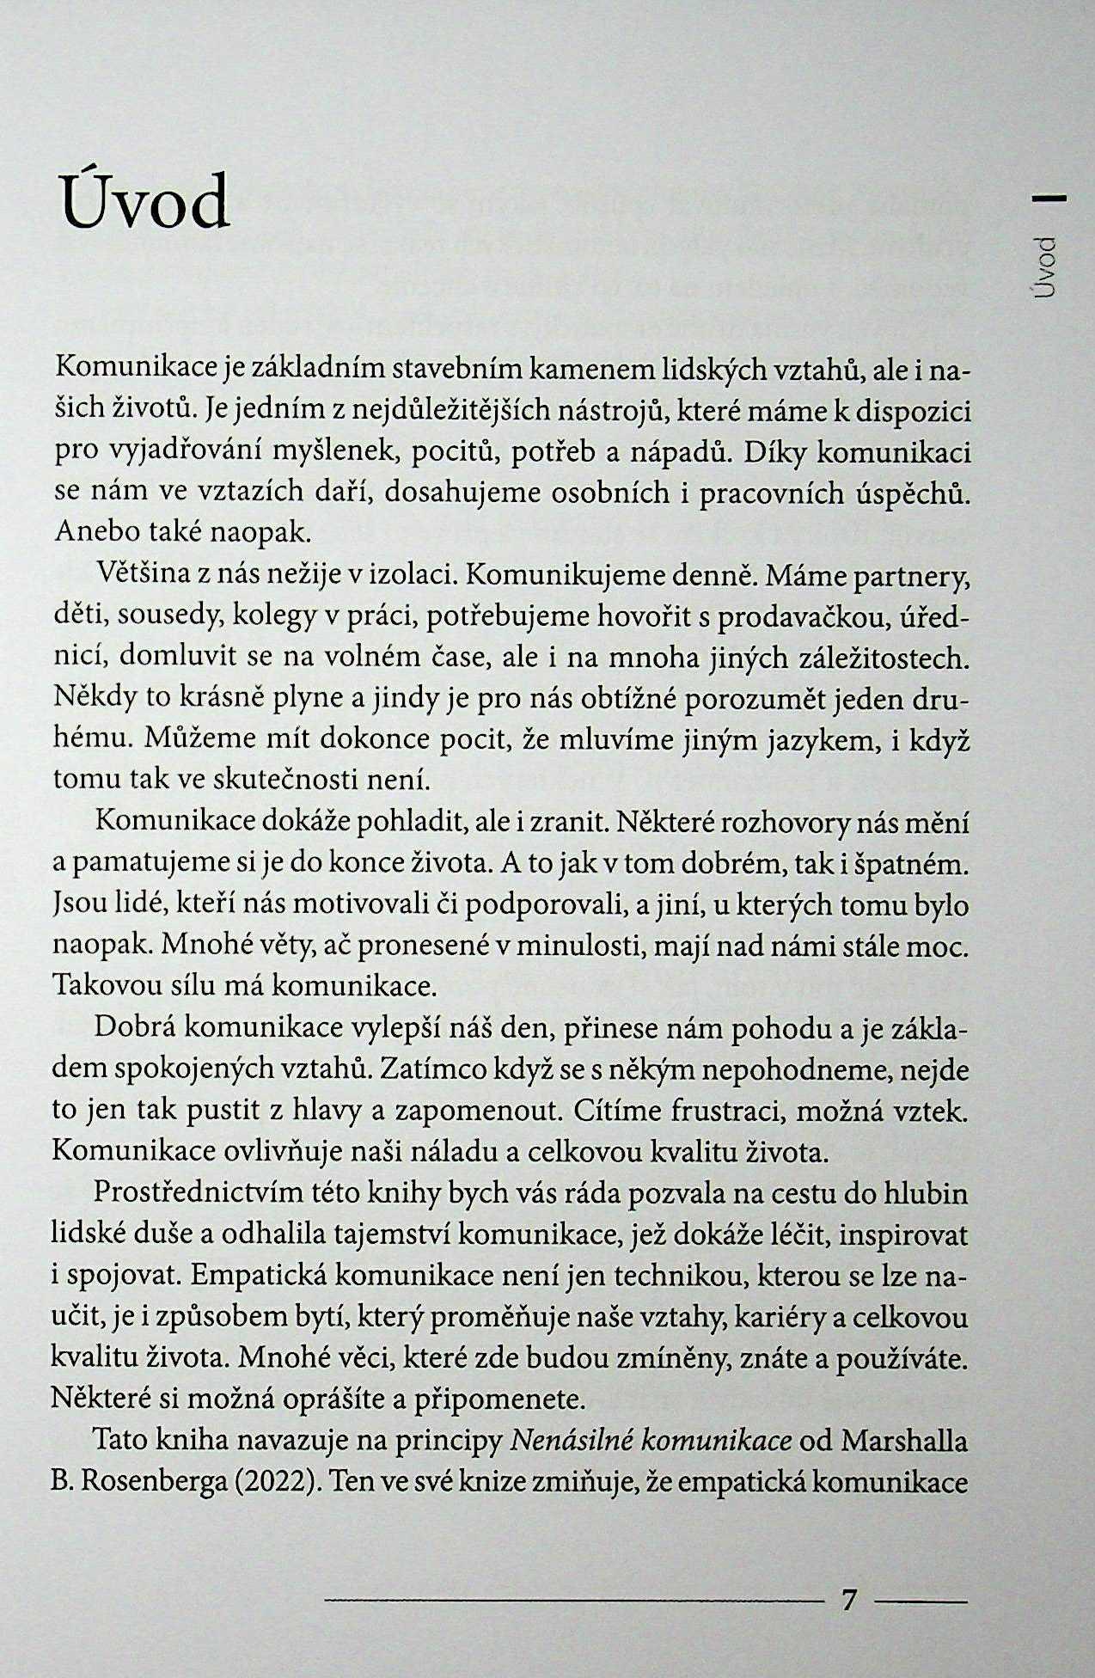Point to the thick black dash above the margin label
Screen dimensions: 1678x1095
(x=1049, y=199)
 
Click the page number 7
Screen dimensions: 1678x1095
(x=849, y=1600)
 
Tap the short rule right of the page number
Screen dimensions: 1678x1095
(x=921, y=1601)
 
